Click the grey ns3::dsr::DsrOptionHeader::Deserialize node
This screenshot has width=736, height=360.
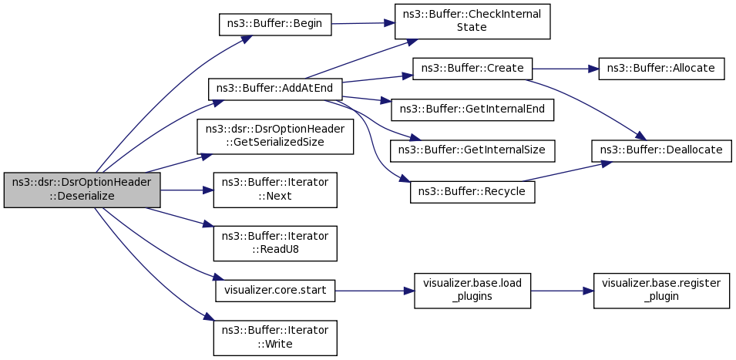point(82,190)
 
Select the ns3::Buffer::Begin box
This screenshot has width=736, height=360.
point(275,24)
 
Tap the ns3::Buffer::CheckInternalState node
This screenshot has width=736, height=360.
point(472,22)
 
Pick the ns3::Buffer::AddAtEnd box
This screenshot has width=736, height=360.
point(276,89)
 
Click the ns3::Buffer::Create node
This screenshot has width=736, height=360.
point(472,69)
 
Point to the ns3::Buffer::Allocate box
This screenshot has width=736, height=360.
point(661,69)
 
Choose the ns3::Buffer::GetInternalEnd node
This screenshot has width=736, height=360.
point(472,109)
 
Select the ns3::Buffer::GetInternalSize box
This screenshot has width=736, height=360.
point(472,150)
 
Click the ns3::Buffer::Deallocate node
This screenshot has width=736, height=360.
point(661,150)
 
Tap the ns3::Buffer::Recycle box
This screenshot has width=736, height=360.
point(472,191)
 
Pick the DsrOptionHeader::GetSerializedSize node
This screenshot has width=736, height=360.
point(275,136)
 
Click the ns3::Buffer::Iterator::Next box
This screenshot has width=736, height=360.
point(275,190)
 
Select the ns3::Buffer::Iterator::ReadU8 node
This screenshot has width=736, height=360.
point(275,244)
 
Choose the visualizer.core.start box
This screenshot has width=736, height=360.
point(275,291)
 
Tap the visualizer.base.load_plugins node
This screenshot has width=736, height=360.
point(472,291)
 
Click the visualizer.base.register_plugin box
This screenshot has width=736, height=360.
point(661,291)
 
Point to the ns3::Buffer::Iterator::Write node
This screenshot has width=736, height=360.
point(275,338)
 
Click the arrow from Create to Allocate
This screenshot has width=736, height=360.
point(566,69)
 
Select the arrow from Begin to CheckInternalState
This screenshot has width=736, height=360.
point(363,22)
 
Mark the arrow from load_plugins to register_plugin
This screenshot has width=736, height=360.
point(563,291)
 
